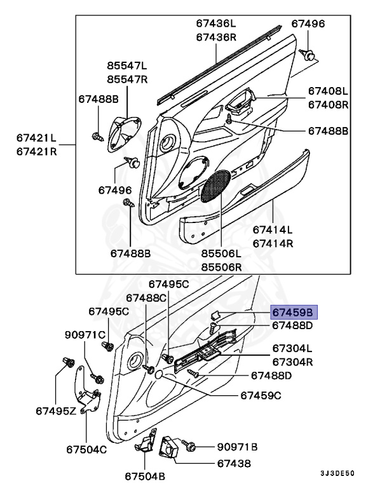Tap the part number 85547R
coord(126,79)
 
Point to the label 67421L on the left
coord(36,137)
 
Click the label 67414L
coord(273,229)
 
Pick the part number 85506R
coord(222,266)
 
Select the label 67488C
coord(146,297)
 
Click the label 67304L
coord(292,348)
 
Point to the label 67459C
coord(261,395)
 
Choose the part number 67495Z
coord(56,412)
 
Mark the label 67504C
coord(86,449)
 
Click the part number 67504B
coord(145,475)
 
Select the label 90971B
coord(236,447)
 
